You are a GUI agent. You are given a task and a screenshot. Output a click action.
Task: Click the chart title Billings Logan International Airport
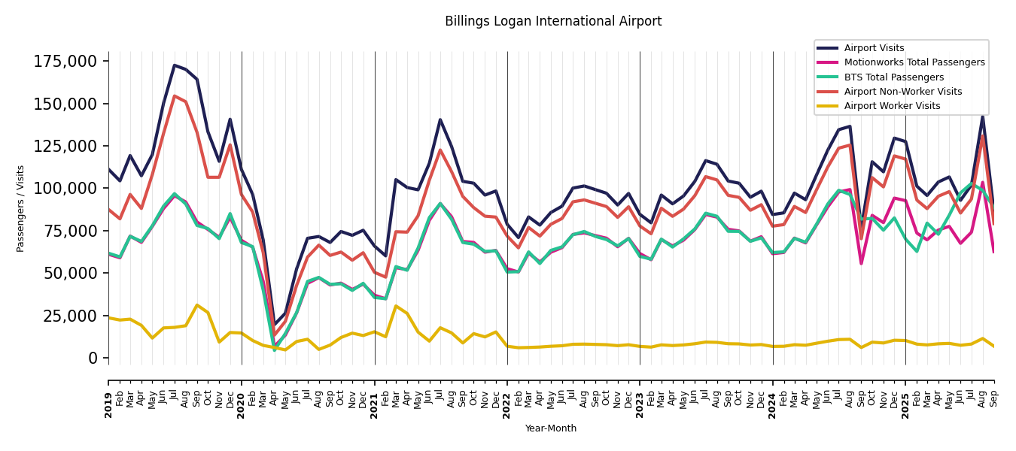pos(553,22)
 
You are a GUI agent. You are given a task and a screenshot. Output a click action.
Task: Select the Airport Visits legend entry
pos(874,48)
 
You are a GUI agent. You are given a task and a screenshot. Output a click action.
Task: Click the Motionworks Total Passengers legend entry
pos(914,62)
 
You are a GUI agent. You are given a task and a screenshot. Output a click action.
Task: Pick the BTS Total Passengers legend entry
pos(893,77)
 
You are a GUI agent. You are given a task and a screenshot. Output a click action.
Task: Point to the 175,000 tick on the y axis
pos(65,62)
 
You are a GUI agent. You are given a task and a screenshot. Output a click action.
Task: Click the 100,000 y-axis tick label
pos(65,188)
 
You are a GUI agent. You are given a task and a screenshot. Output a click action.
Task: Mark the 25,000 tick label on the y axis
pos(69,316)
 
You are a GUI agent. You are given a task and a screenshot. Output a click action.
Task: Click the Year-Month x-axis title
pos(551,428)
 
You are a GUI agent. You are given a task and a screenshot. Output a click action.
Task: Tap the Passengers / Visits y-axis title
pos(21,208)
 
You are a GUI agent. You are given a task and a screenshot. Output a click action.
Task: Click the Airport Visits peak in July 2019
pos(175,65)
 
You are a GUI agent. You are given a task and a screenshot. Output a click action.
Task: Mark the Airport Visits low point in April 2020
pos(274,325)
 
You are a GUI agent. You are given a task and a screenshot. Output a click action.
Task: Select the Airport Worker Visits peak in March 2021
pos(396,306)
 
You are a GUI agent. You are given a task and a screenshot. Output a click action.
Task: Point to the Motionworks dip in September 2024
pos(861,263)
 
